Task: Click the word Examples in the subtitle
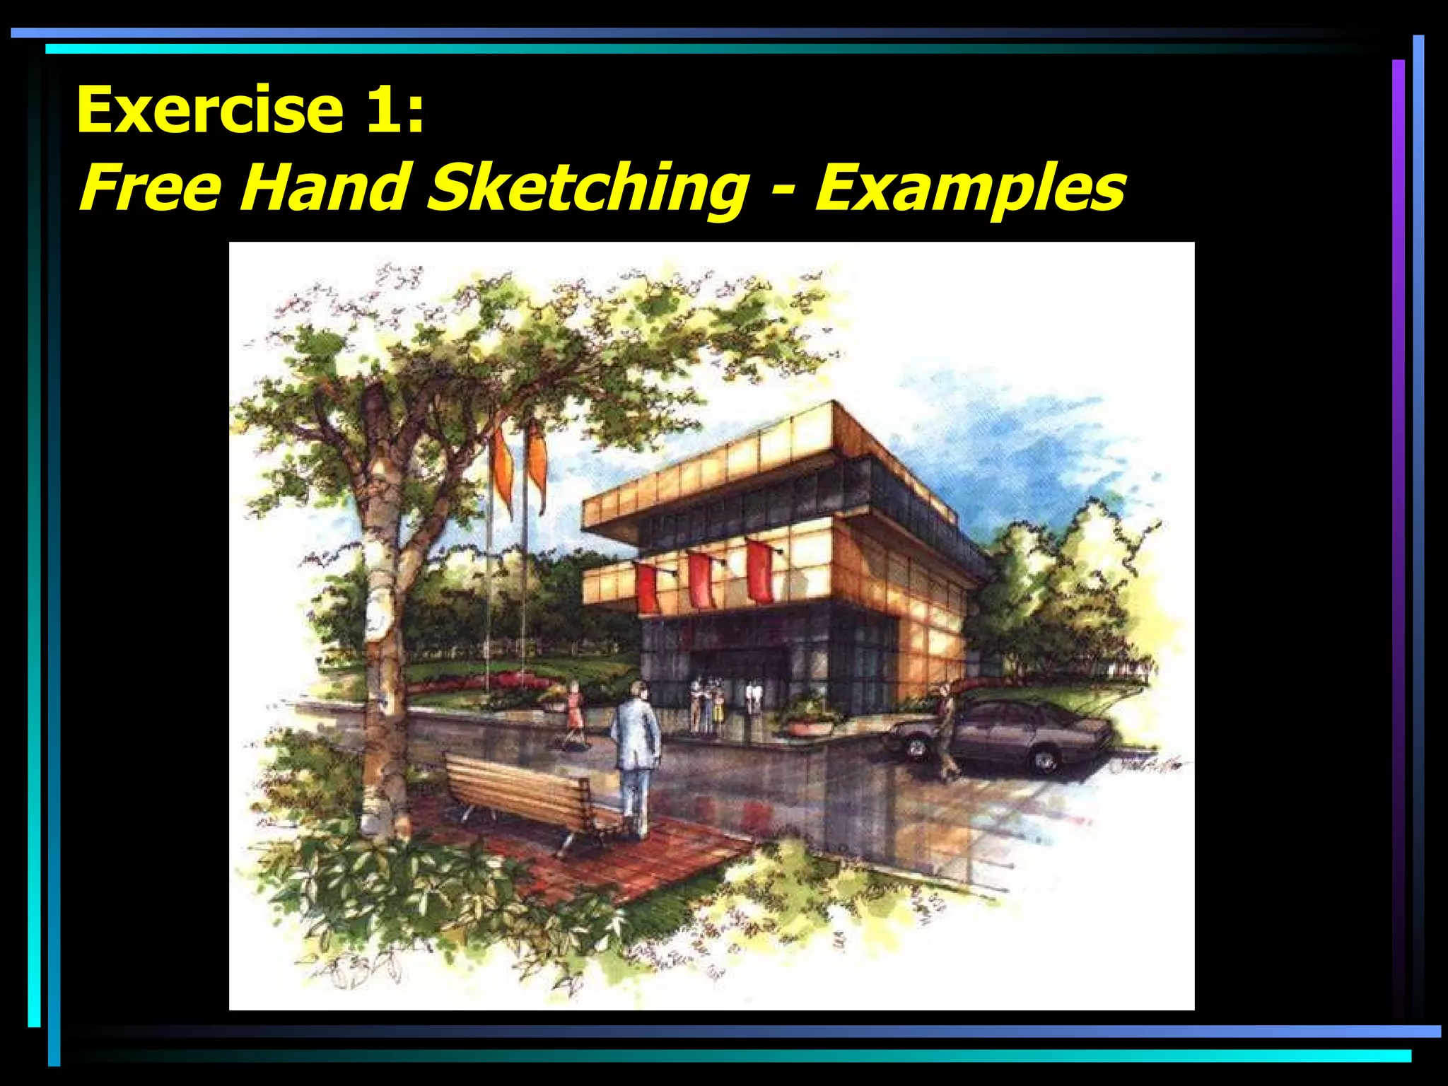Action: click(x=969, y=187)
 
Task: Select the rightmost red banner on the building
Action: click(x=760, y=571)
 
